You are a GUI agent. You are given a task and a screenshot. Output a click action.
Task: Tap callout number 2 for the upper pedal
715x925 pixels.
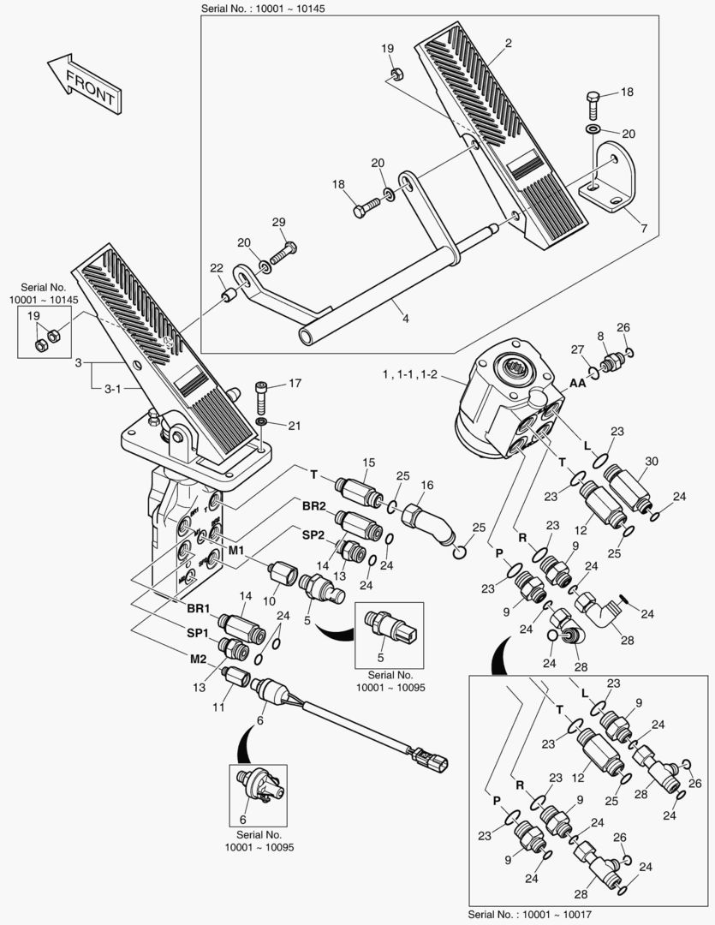(508, 42)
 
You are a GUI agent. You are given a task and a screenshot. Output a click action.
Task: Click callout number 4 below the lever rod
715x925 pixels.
(405, 319)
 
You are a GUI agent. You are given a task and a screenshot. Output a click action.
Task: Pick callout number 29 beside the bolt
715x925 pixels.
(278, 223)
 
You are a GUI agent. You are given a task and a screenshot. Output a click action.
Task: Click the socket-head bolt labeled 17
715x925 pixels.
(264, 396)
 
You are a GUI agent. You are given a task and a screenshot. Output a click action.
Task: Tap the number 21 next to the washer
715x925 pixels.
(294, 426)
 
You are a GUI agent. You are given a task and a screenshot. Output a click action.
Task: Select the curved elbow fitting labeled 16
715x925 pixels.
(436, 521)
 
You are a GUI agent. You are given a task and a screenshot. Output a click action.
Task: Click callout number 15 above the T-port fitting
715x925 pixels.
(368, 463)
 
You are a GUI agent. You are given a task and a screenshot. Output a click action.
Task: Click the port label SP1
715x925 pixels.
(199, 633)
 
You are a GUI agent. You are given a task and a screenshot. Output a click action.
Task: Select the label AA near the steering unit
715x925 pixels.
(578, 384)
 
